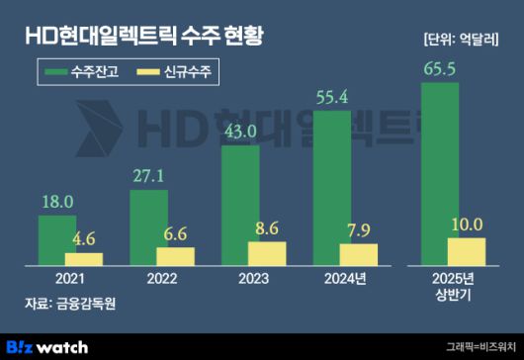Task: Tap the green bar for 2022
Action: (x=149, y=227)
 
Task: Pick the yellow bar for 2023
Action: (x=266, y=253)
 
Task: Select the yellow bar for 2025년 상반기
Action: (x=467, y=252)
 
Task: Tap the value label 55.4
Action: (x=331, y=96)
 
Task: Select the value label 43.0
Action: (x=240, y=132)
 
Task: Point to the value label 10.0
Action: (x=466, y=224)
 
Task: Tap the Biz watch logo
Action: (x=48, y=346)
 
